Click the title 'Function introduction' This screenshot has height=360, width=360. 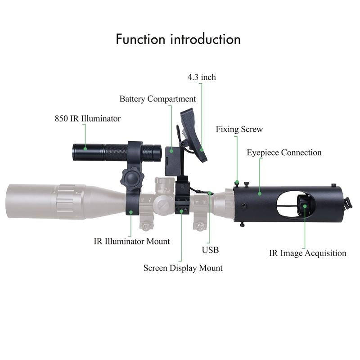pyautogui.click(x=178, y=39)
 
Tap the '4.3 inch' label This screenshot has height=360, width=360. pyautogui.click(x=202, y=77)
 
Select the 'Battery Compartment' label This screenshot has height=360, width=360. pyautogui.click(x=157, y=99)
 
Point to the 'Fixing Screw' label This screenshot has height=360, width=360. pyautogui.click(x=239, y=130)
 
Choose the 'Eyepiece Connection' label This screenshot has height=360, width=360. pyautogui.click(x=284, y=153)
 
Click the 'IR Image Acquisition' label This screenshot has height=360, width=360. pyautogui.click(x=308, y=253)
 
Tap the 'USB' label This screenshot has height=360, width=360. pyautogui.click(x=210, y=249)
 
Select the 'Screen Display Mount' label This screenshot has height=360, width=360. pyautogui.click(x=183, y=268)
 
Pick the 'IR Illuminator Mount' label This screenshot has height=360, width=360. pyautogui.click(x=132, y=241)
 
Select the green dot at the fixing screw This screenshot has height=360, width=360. pyautogui.click(x=236, y=182)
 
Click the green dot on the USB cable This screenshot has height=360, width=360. pyautogui.click(x=211, y=193)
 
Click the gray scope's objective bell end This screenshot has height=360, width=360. pyautogui.click(x=27, y=199)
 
